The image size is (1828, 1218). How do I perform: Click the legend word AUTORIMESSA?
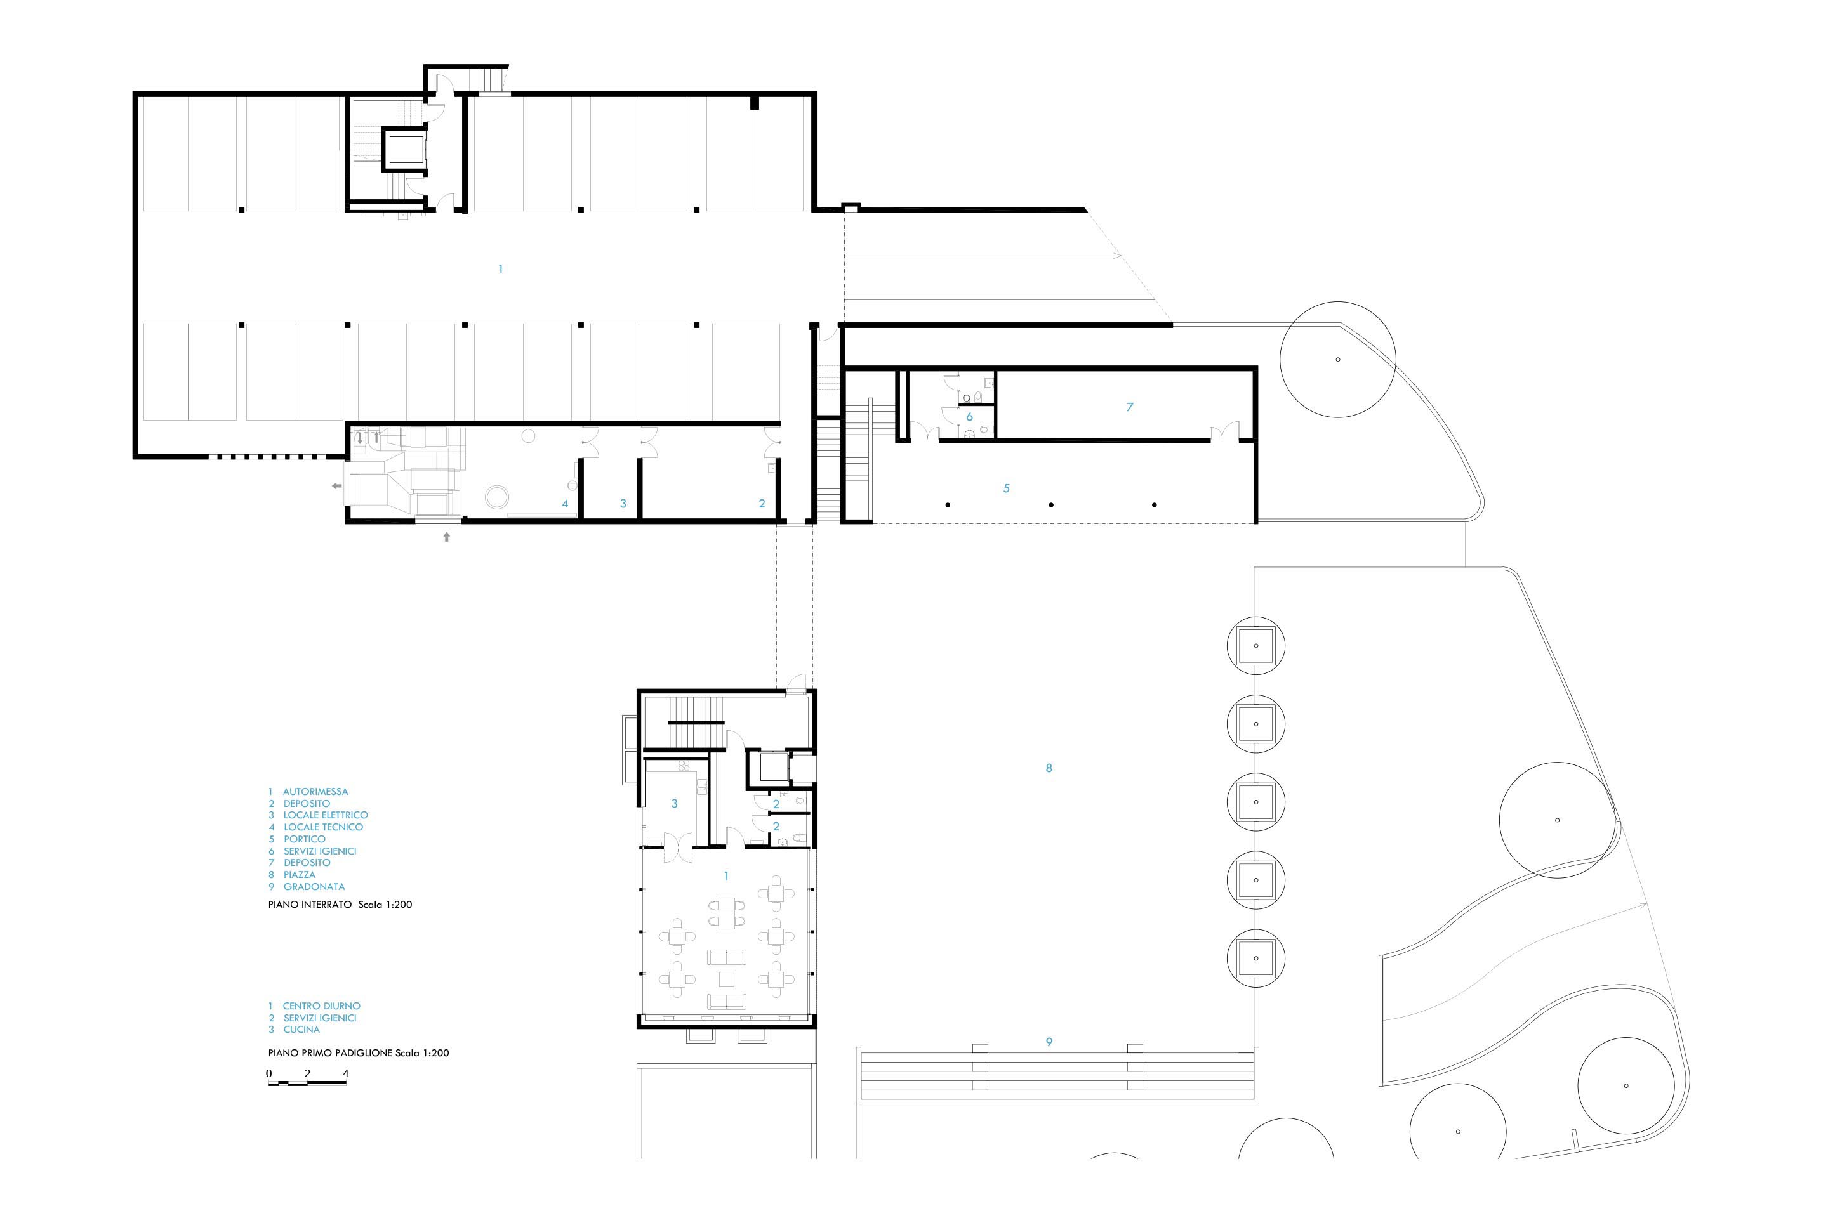pyautogui.click(x=315, y=792)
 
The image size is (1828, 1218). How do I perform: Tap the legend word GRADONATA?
pyautogui.click(x=314, y=886)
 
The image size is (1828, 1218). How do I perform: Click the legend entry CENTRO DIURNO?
pyautogui.click(x=322, y=1006)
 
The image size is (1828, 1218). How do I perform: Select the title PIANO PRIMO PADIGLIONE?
pyautogui.click(x=330, y=1053)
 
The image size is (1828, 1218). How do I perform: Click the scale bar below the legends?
pyautogui.click(x=308, y=1083)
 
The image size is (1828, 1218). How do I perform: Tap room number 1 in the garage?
pyautogui.click(x=501, y=269)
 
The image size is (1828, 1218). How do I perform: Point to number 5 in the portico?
pyautogui.click(x=1007, y=488)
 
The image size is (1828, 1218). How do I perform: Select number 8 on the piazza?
pyautogui.click(x=1049, y=768)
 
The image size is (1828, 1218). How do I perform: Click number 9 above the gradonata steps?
pyautogui.click(x=1049, y=1042)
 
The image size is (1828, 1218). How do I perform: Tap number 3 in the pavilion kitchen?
pyautogui.click(x=675, y=804)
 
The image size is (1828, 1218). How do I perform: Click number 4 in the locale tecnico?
pyautogui.click(x=565, y=503)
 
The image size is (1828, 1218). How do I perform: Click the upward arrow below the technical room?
pyautogui.click(x=447, y=536)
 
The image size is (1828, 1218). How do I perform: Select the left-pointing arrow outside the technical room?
pyautogui.click(x=336, y=487)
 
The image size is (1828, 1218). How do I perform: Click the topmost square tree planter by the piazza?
pyautogui.click(x=1256, y=646)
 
